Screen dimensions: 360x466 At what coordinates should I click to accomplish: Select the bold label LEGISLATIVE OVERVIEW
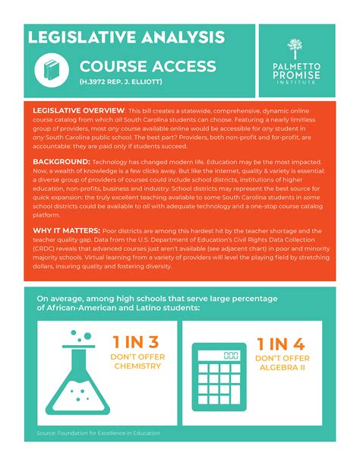78,110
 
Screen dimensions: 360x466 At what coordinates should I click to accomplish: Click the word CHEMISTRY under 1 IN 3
137,366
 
